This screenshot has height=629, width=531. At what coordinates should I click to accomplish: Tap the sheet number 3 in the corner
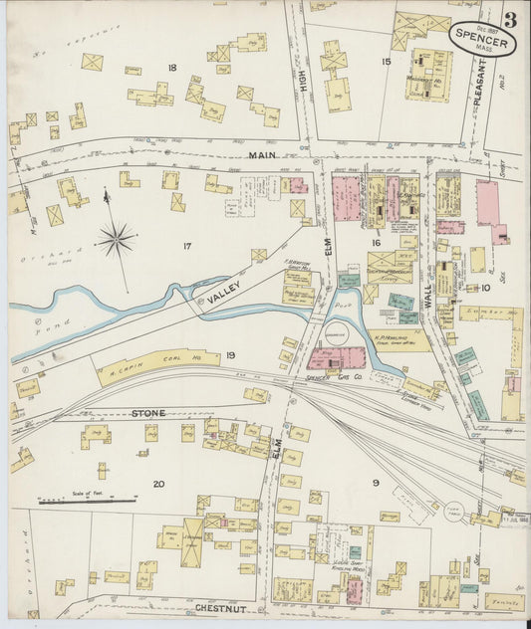point(510,18)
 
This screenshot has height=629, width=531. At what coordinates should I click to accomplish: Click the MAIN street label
point(262,154)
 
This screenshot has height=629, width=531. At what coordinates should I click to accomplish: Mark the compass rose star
point(117,238)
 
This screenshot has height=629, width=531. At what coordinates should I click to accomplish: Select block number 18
point(171,68)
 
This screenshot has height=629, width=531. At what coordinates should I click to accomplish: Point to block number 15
point(385,62)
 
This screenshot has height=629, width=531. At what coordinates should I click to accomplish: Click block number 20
point(158,484)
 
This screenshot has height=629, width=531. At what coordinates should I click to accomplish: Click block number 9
point(375,484)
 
